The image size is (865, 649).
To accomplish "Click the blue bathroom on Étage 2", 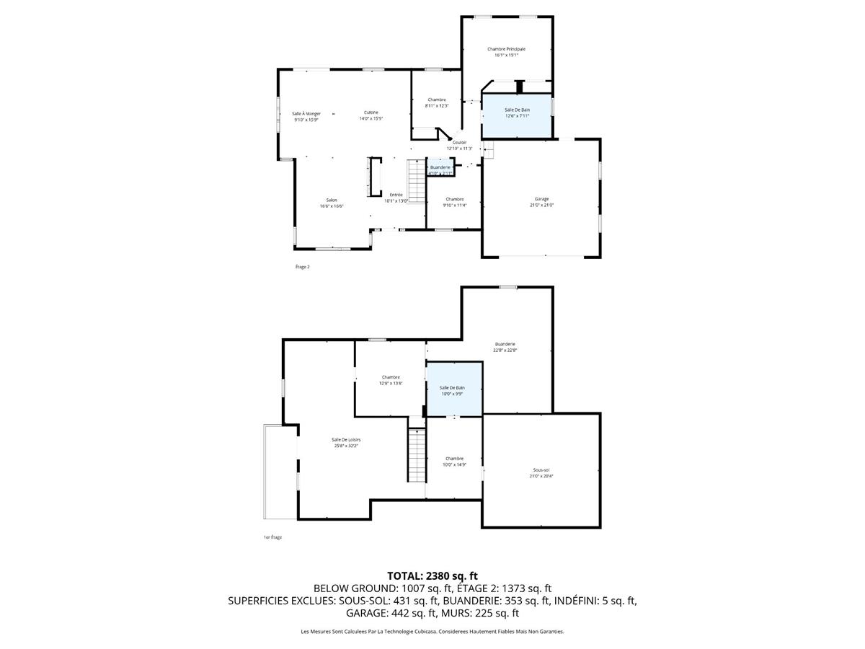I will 517,115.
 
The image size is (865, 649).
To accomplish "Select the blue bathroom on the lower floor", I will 453,389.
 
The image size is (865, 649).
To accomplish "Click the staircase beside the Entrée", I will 417,182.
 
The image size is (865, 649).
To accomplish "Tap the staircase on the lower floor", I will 417,456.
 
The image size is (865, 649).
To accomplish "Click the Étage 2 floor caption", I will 302,267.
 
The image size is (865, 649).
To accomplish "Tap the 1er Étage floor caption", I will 272,537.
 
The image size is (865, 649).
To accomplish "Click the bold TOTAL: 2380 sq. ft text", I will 432,575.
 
